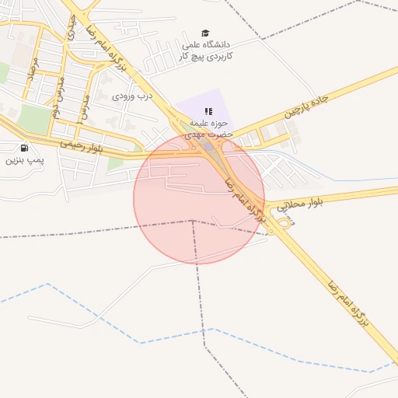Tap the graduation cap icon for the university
tap(205, 33)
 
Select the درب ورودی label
tap(133, 96)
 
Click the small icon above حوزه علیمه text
tap(208, 111)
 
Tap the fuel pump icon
tap(24, 148)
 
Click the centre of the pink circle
tap(199, 198)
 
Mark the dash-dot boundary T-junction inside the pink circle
tap(193, 221)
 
